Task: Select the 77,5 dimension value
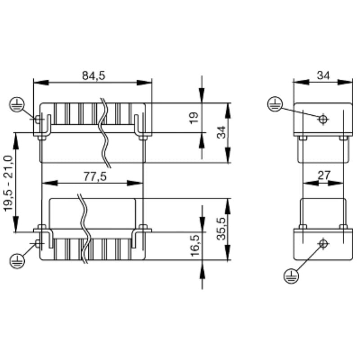click(x=94, y=176)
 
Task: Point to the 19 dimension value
click(x=193, y=118)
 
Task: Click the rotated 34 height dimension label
click(x=221, y=132)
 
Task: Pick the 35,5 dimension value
click(x=222, y=229)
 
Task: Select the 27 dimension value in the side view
click(x=324, y=175)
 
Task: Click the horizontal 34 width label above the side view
click(x=323, y=75)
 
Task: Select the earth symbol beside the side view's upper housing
click(x=275, y=104)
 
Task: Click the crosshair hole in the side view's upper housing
click(x=323, y=119)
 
